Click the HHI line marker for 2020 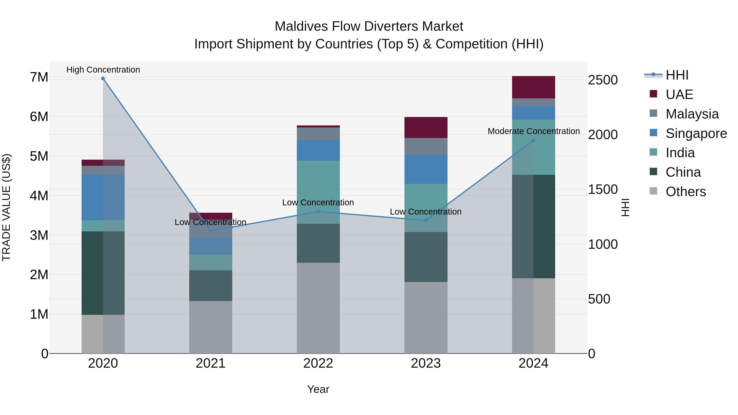103,78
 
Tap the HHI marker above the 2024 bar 533,140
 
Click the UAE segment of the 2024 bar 533,87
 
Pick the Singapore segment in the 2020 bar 103,197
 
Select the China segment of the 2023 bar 426,257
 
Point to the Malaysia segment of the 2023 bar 426,146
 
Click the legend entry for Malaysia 692,114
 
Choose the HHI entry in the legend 677,75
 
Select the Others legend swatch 654,191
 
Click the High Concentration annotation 103,70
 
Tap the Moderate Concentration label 533,131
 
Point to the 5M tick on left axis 39,156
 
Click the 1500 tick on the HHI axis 602,190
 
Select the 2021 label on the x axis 211,363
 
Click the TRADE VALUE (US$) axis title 6,207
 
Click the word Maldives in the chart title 301,26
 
